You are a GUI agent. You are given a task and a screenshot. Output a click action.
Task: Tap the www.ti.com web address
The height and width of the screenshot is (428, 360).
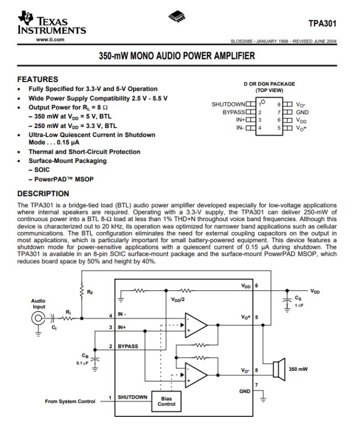(x=50, y=39)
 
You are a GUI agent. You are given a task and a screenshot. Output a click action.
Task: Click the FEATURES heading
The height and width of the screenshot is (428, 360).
(x=38, y=79)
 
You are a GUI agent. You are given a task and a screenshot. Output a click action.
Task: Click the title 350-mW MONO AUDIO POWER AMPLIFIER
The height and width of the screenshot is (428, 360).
(x=177, y=56)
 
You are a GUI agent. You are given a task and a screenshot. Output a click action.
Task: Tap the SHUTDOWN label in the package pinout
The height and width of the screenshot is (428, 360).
(x=228, y=104)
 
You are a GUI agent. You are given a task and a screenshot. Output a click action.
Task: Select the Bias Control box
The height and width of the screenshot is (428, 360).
(x=166, y=401)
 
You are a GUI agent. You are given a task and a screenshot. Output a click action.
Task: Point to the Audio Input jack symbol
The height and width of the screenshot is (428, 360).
(x=39, y=319)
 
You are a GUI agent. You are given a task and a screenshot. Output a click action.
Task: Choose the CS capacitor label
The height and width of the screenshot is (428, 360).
(x=298, y=298)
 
